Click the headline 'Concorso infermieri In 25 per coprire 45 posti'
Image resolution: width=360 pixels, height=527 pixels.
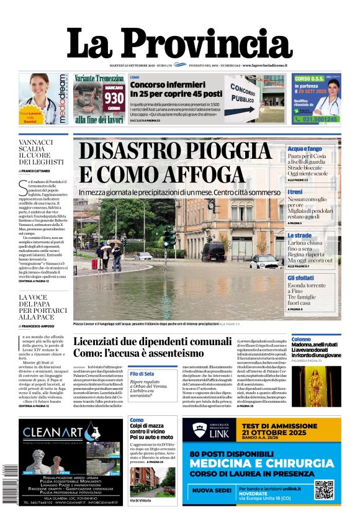pyautogui.click(x=176, y=89)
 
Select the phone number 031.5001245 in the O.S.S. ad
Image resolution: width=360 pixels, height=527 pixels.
pyautogui.click(x=317, y=119)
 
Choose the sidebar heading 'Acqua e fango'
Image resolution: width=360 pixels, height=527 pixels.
pyautogui.click(x=304, y=150)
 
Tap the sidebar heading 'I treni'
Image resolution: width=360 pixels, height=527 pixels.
pyautogui.click(x=295, y=192)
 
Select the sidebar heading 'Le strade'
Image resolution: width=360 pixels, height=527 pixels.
pyautogui.click(x=299, y=236)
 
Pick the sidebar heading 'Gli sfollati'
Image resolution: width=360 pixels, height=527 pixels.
pyautogui.click(x=300, y=278)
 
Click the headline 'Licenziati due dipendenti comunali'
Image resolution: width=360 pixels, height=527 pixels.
pyautogui.click(x=152, y=342)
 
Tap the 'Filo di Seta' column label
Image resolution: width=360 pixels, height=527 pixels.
pyautogui.click(x=142, y=374)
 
